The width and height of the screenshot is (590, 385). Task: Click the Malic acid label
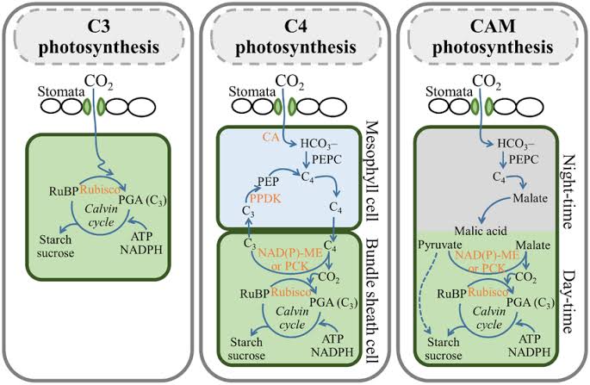click(x=459, y=230)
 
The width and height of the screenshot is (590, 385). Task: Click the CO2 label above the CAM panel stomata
click(x=488, y=84)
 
